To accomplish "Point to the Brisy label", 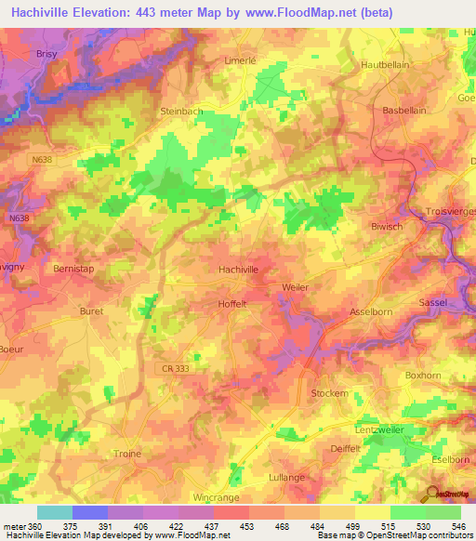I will pos(20,54).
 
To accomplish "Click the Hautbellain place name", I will pos(385,66).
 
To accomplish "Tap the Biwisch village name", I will pos(386,225).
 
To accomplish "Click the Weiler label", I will pos(294,288).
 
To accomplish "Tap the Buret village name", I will pos(91,311).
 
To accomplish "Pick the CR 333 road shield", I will pos(171,369).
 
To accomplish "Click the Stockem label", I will pos(329,393).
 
